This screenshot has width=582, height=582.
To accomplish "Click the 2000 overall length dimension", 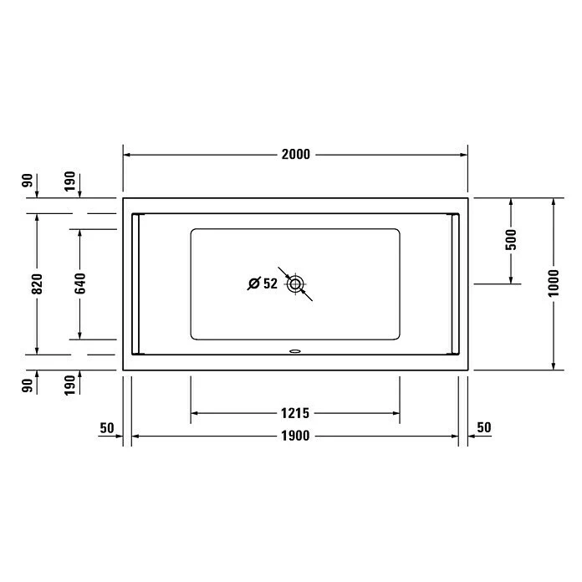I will pyautogui.click(x=295, y=155).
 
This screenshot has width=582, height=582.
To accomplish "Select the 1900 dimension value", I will pyautogui.click(x=295, y=436).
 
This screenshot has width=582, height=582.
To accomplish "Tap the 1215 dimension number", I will pyautogui.click(x=295, y=412).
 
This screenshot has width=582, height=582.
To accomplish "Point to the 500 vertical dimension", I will pyautogui.click(x=511, y=240).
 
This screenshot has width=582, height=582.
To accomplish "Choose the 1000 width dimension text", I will pyautogui.click(x=554, y=284).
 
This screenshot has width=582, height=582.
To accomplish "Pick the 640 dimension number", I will pyautogui.click(x=80, y=284).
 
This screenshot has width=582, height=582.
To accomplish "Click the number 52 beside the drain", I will pyautogui.click(x=270, y=283).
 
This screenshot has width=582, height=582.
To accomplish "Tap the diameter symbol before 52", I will pyautogui.click(x=254, y=283).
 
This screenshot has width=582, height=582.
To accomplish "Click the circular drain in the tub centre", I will pyautogui.click(x=294, y=284).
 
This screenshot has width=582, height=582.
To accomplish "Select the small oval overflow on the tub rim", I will pyautogui.click(x=294, y=351).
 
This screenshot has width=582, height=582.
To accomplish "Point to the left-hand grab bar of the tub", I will pyautogui.click(x=137, y=284).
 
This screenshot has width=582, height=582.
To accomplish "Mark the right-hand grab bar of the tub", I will pyautogui.click(x=454, y=284).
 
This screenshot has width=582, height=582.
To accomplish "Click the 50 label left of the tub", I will pyautogui.click(x=106, y=427).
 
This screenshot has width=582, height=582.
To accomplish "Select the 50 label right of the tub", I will pyautogui.click(x=483, y=427).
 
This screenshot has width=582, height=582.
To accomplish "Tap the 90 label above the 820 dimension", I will pyautogui.click(x=28, y=181).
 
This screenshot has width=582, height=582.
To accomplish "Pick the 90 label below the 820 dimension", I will pyautogui.click(x=28, y=385).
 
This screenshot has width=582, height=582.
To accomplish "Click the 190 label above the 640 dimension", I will pyautogui.click(x=70, y=181).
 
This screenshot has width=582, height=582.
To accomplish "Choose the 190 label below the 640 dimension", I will pyautogui.click(x=70, y=385).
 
